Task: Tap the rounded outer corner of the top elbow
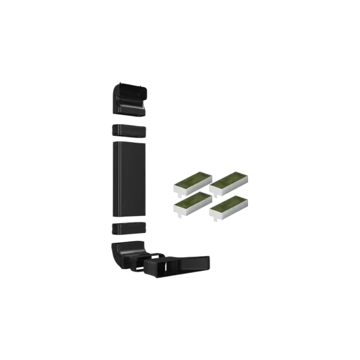click(118, 88)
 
